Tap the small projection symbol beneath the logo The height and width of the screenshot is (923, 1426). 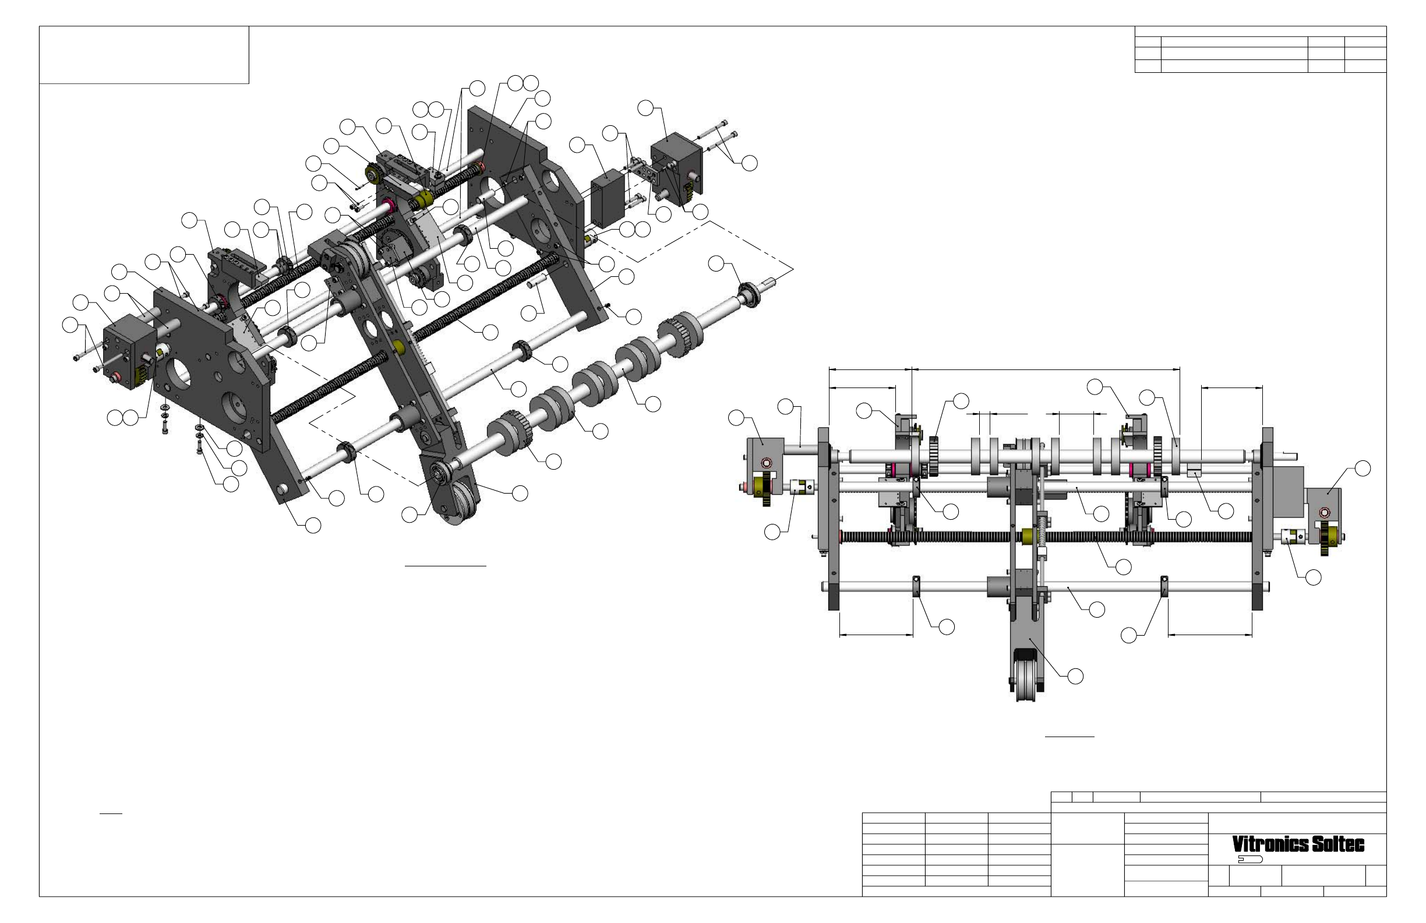(x=1251, y=859)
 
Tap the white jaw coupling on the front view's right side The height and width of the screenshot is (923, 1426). (x=1294, y=537)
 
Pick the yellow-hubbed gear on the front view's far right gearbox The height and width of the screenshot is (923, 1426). (x=1329, y=534)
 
